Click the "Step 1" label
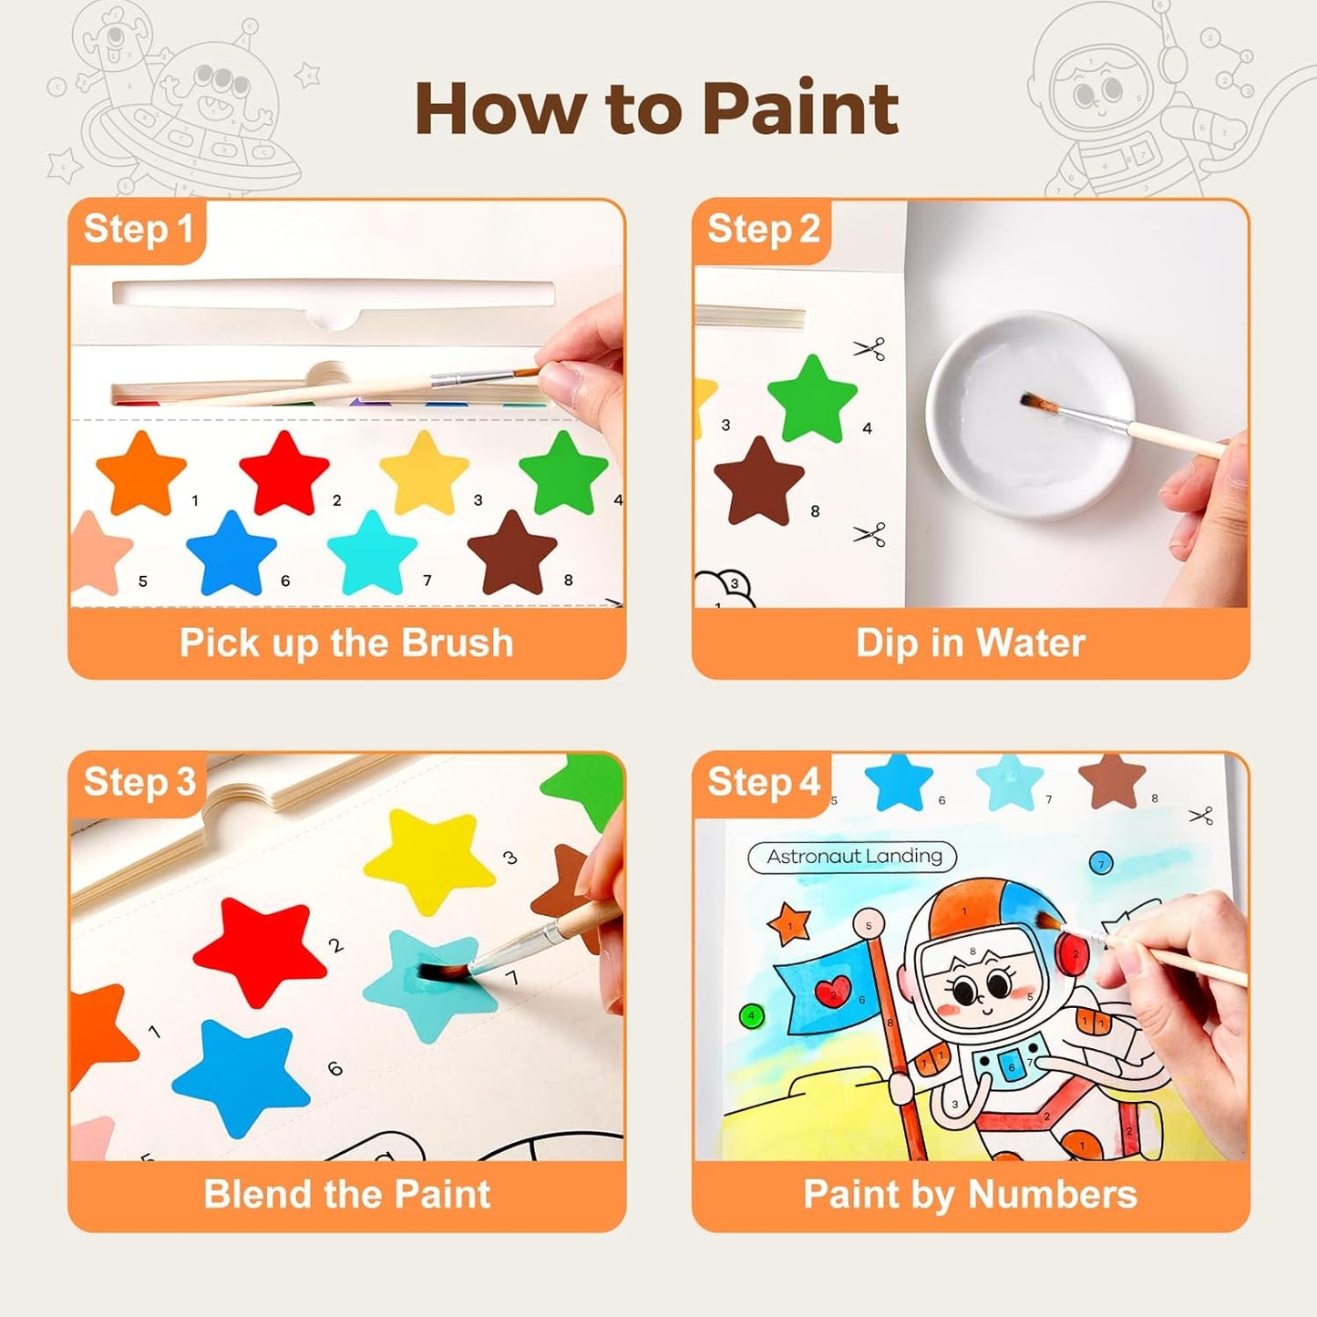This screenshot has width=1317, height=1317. [139, 230]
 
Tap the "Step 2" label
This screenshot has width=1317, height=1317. [764, 230]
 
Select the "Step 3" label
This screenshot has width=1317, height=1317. [140, 783]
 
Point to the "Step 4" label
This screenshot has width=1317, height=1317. [764, 783]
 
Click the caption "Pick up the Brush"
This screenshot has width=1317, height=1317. [346, 643]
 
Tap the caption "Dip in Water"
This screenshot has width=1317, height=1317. [971, 643]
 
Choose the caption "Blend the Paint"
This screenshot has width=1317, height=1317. [347, 1195]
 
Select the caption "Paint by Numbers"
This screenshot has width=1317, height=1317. [971, 1196]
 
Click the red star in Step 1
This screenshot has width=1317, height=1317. [284, 472]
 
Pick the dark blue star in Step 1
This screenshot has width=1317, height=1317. [232, 553]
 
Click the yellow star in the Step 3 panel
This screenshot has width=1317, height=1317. [429, 859]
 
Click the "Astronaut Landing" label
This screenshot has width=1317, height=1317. [853, 857]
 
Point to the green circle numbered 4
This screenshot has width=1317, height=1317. [752, 1015]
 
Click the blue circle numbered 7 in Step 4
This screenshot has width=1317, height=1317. [1100, 865]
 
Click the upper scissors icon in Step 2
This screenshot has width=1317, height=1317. [869, 348]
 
